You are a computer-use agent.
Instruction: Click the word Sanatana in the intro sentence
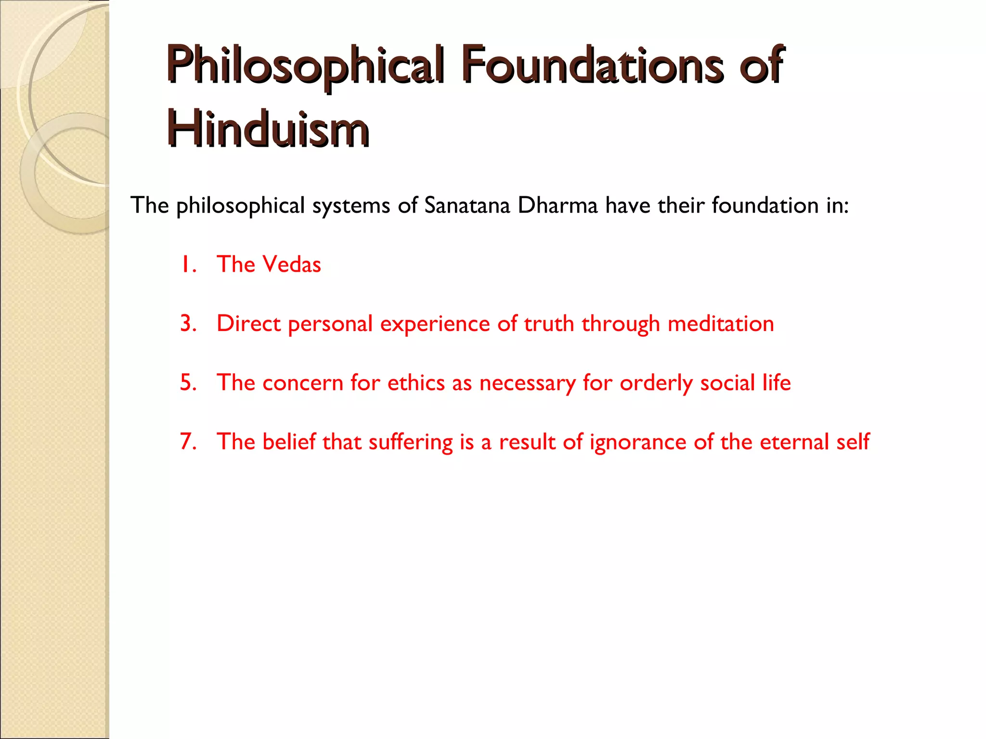pos(467,205)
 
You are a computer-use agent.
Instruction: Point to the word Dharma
pos(558,205)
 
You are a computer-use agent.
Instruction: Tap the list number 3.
pos(188,323)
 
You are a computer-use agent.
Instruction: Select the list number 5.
pos(188,383)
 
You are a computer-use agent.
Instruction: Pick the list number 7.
pos(188,442)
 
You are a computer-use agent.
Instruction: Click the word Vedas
pos(293,265)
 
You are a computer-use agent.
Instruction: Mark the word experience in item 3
pos(435,323)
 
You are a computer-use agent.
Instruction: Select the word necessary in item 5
pos(527,383)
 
